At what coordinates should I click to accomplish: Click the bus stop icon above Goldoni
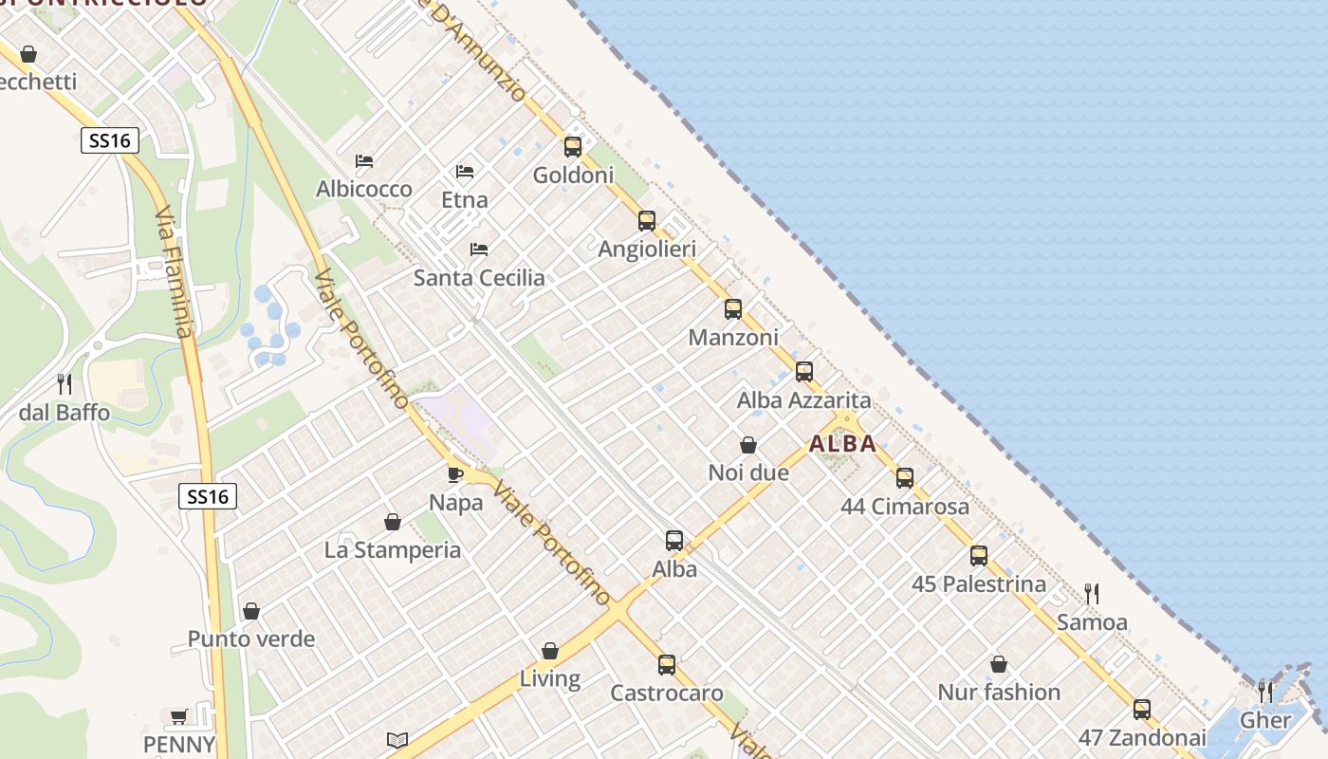coord(572,146)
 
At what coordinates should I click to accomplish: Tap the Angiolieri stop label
coord(647,250)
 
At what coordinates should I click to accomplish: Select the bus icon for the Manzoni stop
coord(732,308)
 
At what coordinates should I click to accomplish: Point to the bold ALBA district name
coord(842,444)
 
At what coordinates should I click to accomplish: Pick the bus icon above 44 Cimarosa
coord(905,477)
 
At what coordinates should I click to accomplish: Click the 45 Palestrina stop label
coord(979,584)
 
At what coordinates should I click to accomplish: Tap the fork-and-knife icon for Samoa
coord(1092,594)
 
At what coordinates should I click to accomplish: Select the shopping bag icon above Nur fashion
coord(998,664)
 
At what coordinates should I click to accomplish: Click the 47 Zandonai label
coord(1142,738)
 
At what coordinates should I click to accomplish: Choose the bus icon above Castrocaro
coord(667,664)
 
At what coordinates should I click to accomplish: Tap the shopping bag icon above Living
coord(550,651)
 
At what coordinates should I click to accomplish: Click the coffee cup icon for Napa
coord(455,473)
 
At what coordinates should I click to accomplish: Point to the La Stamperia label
coord(393,550)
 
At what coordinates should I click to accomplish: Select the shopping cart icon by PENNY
coord(178,716)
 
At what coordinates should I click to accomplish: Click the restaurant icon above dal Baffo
coord(65,384)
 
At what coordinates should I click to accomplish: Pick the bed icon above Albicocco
coord(364,160)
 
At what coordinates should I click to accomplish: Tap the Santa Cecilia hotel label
coord(479,278)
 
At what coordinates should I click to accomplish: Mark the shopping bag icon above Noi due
coord(748,444)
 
